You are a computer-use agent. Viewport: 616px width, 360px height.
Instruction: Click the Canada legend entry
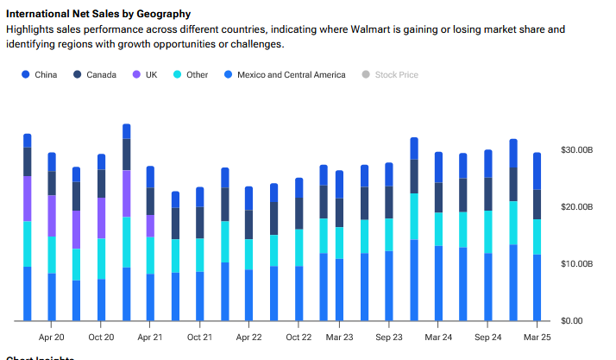(x=99, y=75)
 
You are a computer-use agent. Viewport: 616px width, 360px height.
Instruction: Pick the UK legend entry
(x=148, y=75)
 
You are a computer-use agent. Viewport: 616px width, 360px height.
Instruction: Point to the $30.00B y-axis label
(x=577, y=150)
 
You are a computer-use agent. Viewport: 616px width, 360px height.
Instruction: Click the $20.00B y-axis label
(x=577, y=207)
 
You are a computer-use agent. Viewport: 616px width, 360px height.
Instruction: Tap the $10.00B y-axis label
(x=577, y=263)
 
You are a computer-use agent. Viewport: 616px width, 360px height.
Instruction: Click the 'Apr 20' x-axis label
(x=52, y=338)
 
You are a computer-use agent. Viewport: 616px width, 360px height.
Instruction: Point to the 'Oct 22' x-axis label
(x=299, y=338)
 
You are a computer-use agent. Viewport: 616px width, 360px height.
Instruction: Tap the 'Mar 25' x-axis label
(x=537, y=338)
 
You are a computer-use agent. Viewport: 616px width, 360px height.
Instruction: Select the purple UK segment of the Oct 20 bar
(x=102, y=218)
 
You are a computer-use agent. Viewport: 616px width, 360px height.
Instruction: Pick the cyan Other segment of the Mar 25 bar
(x=537, y=237)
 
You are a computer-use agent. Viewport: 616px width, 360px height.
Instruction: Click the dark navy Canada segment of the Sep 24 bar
(x=488, y=193)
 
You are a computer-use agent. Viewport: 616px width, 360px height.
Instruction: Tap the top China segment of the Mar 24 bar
(x=439, y=167)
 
